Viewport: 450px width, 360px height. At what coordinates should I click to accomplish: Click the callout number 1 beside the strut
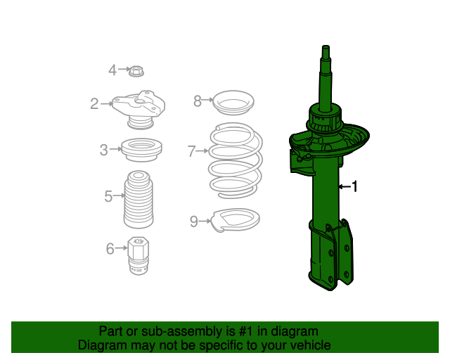[356, 186]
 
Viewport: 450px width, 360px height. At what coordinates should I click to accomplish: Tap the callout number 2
[94, 104]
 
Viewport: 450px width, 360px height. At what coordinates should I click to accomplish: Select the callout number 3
[103, 150]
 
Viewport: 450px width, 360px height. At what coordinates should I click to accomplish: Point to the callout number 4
[112, 70]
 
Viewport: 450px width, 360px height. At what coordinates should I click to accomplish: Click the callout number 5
[108, 196]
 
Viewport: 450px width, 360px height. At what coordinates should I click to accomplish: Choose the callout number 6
[110, 248]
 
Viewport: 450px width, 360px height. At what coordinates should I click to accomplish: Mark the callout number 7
[191, 150]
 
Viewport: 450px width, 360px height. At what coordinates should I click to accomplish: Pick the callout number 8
[198, 101]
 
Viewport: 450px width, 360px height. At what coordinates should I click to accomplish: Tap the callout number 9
[194, 221]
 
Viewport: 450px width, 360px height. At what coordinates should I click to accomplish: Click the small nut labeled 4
[138, 70]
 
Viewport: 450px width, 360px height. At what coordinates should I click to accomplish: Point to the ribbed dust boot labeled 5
[139, 200]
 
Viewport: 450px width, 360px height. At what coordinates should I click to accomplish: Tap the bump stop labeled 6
[139, 257]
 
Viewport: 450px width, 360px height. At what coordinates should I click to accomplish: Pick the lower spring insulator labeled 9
[237, 221]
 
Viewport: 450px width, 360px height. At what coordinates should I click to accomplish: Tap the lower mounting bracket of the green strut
[330, 257]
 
